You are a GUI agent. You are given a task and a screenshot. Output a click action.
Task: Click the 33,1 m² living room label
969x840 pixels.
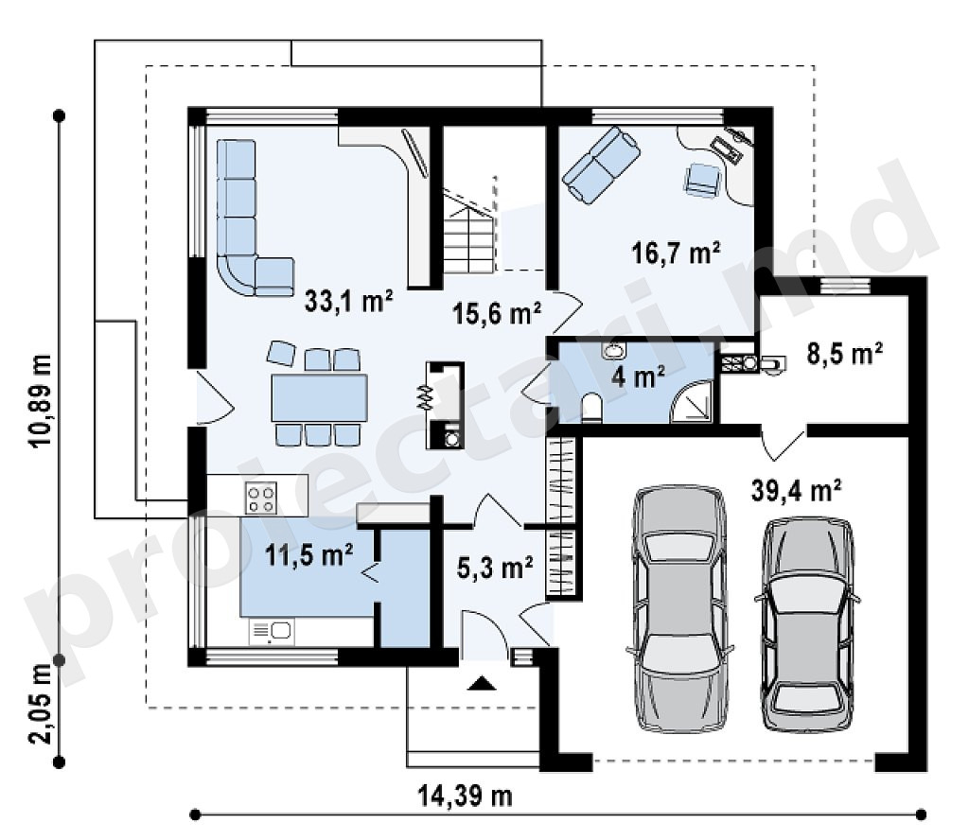[x=349, y=302]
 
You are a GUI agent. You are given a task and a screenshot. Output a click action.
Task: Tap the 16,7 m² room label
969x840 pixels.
[x=676, y=253]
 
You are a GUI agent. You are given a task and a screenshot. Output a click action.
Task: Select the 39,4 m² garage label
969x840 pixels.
[x=796, y=491]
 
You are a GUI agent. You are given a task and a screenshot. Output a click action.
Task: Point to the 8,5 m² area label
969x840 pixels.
[x=845, y=355]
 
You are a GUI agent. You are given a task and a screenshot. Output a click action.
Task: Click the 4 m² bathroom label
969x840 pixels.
[x=638, y=376]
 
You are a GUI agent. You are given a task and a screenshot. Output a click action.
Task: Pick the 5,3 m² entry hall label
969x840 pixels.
[x=495, y=568]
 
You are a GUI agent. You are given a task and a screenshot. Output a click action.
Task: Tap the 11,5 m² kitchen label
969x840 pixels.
[x=309, y=554]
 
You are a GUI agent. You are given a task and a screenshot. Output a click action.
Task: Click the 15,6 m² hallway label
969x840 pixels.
[x=497, y=313]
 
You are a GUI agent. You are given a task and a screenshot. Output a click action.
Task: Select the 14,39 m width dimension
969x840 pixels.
[x=466, y=796]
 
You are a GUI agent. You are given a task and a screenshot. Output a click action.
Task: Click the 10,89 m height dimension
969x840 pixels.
[x=41, y=400]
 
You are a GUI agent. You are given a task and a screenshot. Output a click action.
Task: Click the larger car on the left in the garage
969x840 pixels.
[x=679, y=609]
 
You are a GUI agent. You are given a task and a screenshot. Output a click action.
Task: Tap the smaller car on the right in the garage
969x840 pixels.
[x=807, y=623]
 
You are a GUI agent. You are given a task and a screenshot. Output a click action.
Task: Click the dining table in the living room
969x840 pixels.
[x=319, y=397]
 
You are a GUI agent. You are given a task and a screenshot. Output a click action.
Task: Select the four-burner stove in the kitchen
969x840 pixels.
[x=261, y=498]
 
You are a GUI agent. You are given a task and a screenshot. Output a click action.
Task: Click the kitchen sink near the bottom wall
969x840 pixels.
[x=272, y=631]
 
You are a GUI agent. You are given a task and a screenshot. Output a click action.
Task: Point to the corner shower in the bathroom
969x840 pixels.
[x=692, y=401]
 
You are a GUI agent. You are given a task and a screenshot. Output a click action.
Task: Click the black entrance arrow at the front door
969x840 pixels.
[x=482, y=683]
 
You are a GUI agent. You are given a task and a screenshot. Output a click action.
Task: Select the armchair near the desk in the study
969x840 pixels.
[x=702, y=180]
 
